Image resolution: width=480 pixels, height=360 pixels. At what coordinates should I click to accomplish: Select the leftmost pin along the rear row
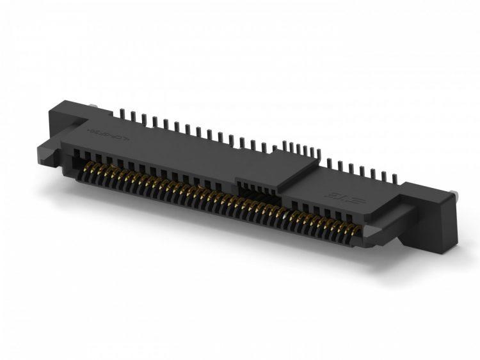[x=122, y=114]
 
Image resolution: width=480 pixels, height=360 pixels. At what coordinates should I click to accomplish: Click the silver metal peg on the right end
[x=454, y=193]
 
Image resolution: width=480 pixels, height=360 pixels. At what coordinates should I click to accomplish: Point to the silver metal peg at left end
[x=93, y=109]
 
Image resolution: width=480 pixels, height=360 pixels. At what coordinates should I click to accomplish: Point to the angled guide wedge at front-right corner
[x=378, y=234]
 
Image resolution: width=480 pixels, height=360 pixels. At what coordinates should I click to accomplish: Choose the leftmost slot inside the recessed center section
[x=241, y=187]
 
